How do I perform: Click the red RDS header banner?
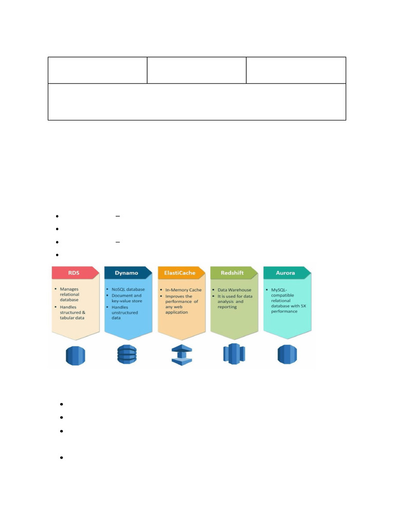[75, 273]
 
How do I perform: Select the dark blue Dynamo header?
[128, 273]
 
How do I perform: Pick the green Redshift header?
[234, 273]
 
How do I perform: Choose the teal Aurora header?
[287, 273]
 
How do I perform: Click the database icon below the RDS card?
[75, 356]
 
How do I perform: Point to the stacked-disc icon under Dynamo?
[127, 354]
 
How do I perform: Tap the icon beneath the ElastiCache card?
[182, 355]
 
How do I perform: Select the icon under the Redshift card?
[234, 354]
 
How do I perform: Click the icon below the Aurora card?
[287, 354]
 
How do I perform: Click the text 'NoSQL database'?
[128, 289]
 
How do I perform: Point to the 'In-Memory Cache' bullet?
[184, 290]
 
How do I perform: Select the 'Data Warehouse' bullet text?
[235, 290]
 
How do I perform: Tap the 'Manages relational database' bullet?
[69, 294]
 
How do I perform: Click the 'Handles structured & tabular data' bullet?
[73, 312]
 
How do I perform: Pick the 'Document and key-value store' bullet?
[127, 298]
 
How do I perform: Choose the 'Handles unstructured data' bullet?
[124, 312]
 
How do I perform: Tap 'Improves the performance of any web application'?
[182, 304]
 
